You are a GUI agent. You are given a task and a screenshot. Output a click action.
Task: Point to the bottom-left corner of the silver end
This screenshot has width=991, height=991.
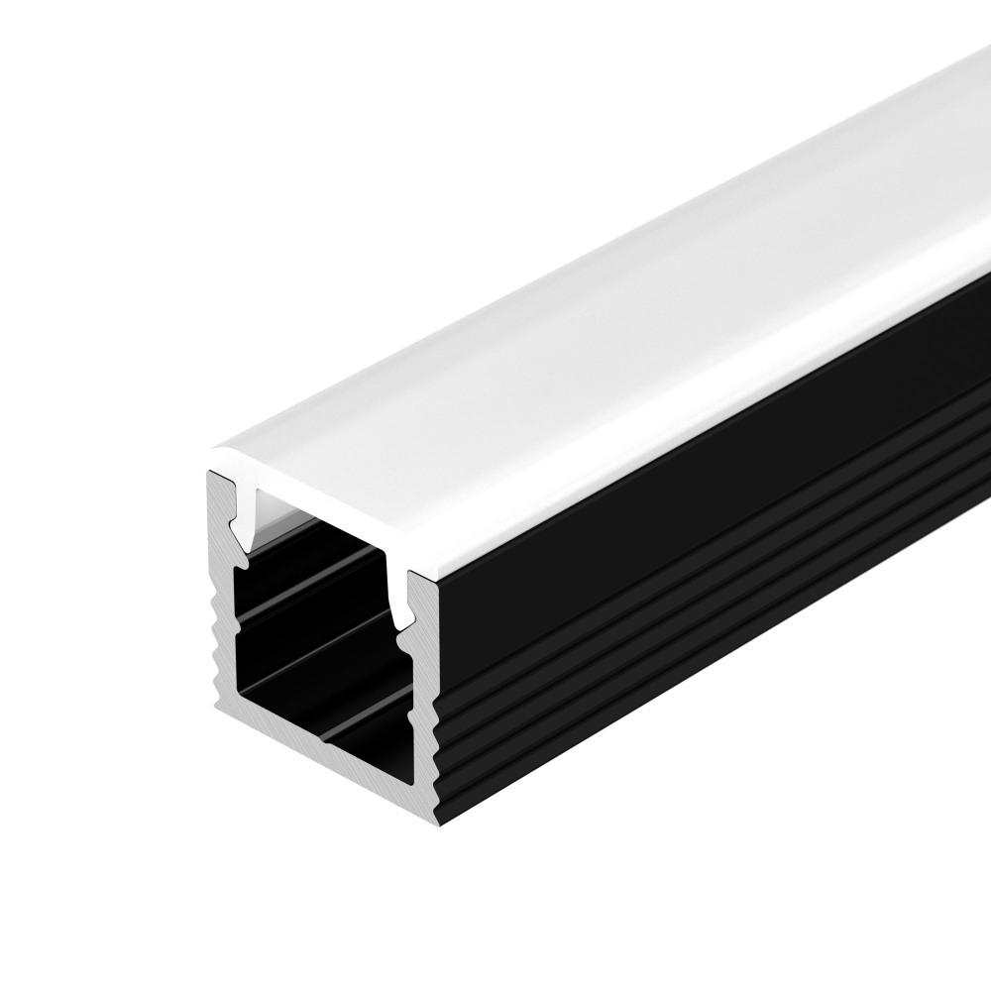pyautogui.click(x=220, y=705)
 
